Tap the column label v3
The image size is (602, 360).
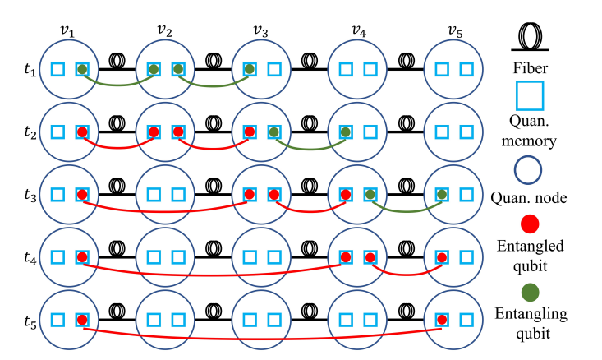point(260,30)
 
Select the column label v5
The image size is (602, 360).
point(455,30)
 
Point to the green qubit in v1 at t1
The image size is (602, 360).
point(82,70)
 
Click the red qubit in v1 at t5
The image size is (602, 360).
point(82,320)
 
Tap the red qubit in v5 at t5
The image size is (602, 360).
point(442,320)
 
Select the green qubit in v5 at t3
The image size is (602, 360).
point(442,195)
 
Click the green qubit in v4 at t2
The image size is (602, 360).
point(346,132)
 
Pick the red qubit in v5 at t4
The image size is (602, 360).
point(442,257)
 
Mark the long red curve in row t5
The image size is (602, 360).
point(263,337)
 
